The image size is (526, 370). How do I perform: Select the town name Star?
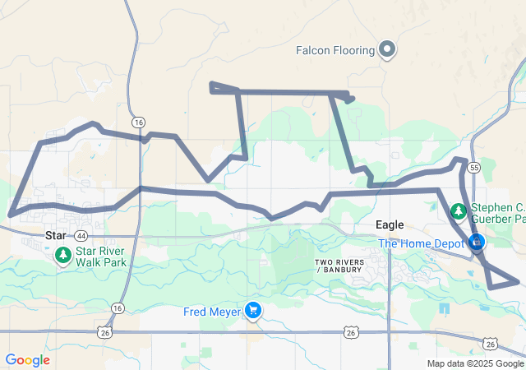55,235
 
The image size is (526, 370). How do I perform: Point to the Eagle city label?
390,224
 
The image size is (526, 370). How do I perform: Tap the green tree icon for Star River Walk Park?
63,256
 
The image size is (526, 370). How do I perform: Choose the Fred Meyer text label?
213,312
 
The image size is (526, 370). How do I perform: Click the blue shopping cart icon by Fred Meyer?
254,311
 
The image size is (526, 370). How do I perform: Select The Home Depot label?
421,243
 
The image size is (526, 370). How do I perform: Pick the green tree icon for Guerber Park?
458,212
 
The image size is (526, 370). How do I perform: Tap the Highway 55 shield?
474,168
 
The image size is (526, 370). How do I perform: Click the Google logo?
27,360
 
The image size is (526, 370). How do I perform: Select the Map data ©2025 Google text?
475,363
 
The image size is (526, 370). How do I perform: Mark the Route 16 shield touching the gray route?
138,123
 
